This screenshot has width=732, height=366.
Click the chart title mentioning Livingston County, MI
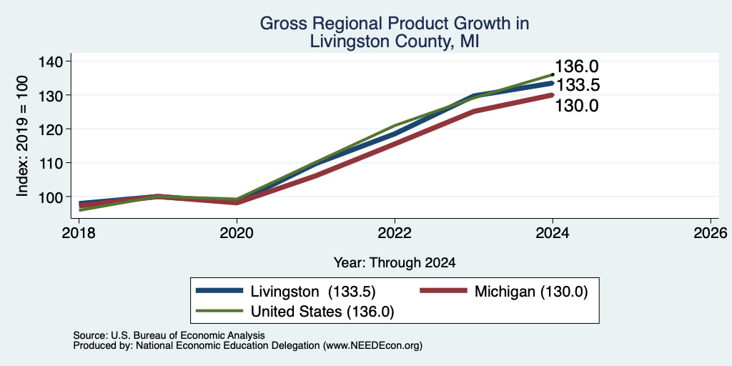click(395, 32)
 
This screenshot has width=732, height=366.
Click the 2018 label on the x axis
click(79, 232)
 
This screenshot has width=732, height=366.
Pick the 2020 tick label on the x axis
click(237, 232)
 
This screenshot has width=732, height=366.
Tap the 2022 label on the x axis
click(395, 232)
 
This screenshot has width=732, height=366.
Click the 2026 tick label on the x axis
click(711, 232)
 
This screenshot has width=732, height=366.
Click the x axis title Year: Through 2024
click(395, 263)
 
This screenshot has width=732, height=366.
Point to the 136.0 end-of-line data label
click(577, 66)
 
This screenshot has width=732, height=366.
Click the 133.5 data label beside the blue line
click(578, 86)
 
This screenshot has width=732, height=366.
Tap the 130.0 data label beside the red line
click(577, 106)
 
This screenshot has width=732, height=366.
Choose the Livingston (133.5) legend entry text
click(313, 292)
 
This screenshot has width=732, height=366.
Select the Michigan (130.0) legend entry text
click(531, 292)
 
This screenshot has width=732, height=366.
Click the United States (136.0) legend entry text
click(322, 312)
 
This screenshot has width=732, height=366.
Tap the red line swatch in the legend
click(443, 291)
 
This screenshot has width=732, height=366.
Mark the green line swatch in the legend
click(220, 311)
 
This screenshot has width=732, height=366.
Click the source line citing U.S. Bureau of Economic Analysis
click(169, 335)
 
